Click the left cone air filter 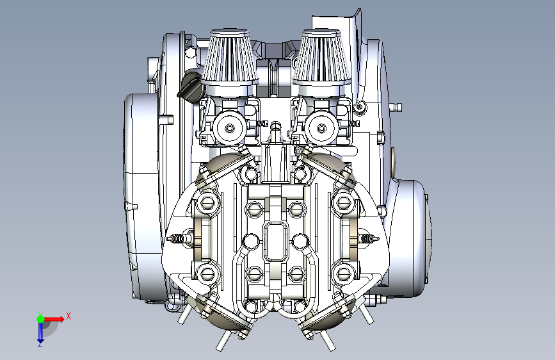tap(230, 57)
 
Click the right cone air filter tap(321, 57)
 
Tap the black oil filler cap tap(190, 85)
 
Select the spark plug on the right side tap(368, 238)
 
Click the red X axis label tap(68, 316)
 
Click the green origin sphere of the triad tap(41, 319)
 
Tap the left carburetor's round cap tap(229, 128)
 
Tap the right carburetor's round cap tap(321, 128)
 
